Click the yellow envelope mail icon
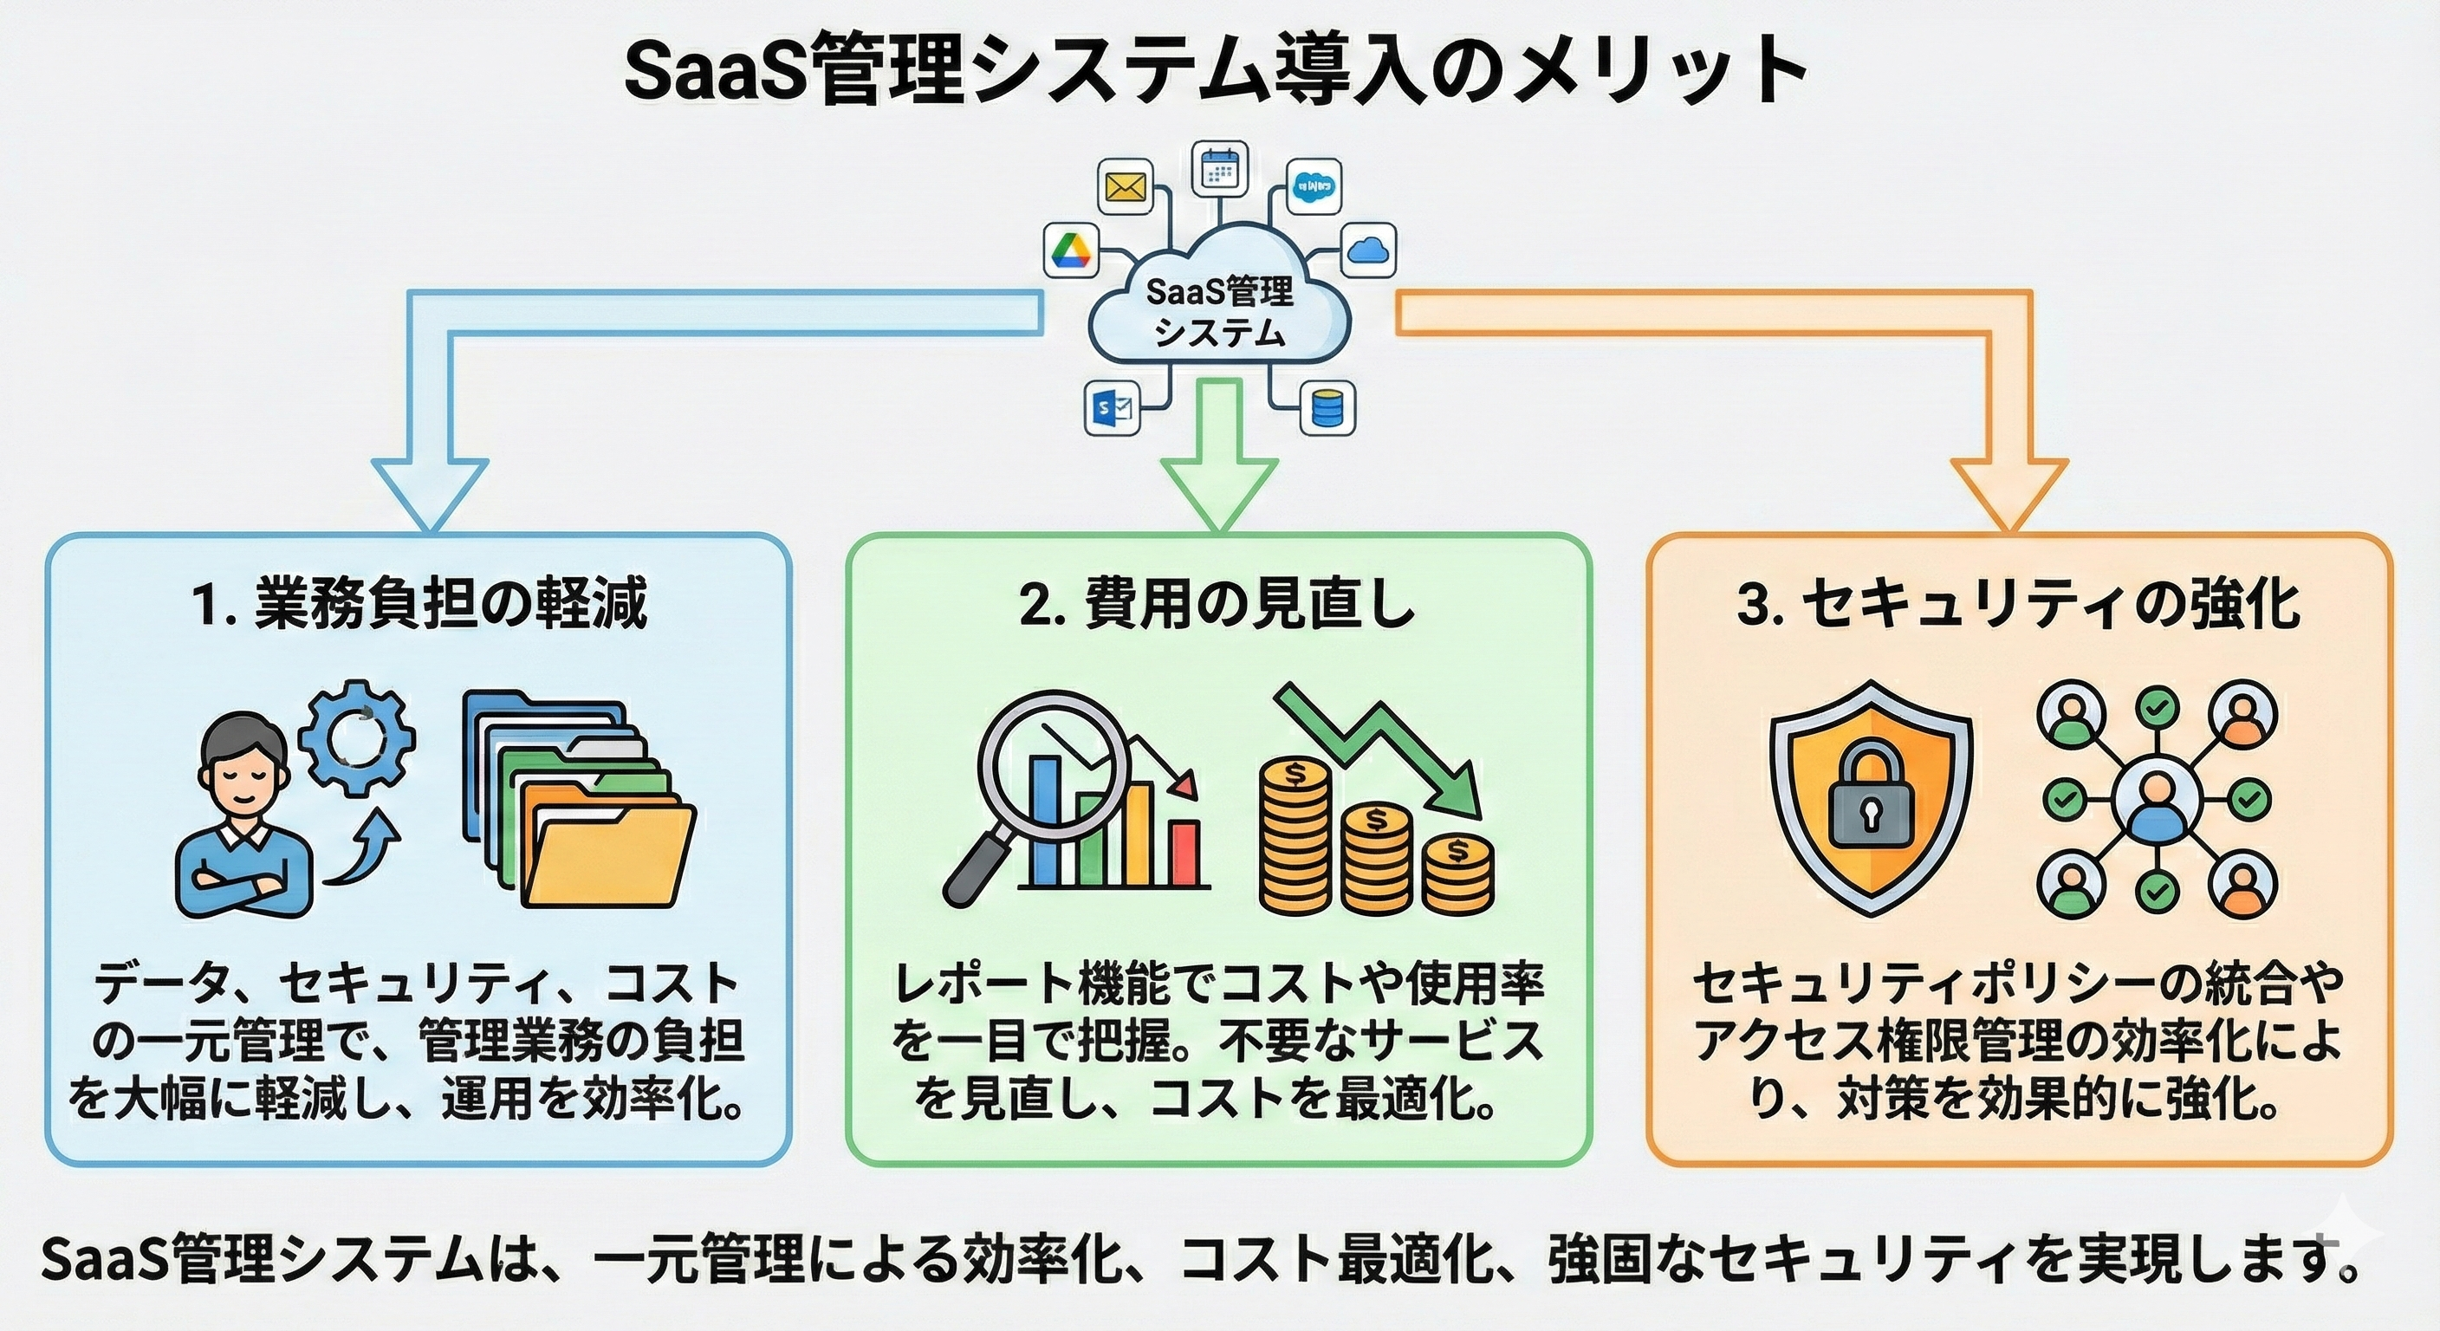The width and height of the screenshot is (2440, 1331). coord(1125,186)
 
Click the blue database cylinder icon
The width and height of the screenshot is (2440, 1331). coord(1328,408)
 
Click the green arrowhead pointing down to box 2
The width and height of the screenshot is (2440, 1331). coord(1219,492)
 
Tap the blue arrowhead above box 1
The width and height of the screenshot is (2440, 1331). coord(429,492)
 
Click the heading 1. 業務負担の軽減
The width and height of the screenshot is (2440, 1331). coord(419,603)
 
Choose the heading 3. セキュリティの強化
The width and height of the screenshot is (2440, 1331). coord(2019,603)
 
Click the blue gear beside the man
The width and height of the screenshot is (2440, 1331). coord(357,738)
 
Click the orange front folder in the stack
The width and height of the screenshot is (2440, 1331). coord(611,853)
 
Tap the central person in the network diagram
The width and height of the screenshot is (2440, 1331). coord(2155,801)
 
